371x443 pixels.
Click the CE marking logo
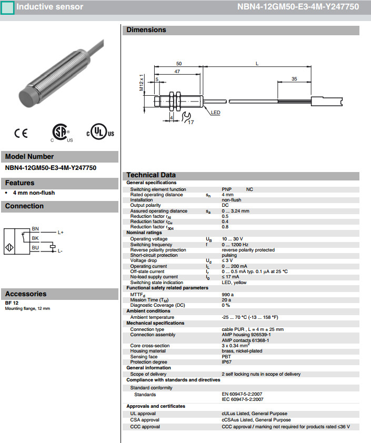pos(21,134)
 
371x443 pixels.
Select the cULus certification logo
pos(100,133)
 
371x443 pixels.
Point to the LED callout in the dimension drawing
pos(216,113)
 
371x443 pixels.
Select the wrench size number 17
pos(190,122)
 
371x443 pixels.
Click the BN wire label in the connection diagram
pos(35,229)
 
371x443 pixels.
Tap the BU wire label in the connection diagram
pos(35,247)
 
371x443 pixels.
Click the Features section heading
pos(20,183)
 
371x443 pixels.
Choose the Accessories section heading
pos(26,294)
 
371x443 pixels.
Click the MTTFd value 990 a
pos(228,294)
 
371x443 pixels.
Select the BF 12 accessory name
pos(12,304)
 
